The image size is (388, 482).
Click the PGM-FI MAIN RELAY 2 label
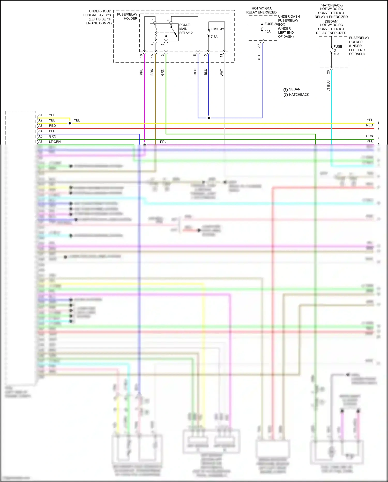186,29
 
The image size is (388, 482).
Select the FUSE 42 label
217,29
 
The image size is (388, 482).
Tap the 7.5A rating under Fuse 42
214,37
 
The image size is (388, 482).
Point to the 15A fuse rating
267,32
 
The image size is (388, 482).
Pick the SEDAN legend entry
294,89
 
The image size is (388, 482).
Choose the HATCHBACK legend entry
299,95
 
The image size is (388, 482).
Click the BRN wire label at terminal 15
152,72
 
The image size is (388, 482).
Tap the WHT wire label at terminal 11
222,73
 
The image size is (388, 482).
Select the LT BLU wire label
329,86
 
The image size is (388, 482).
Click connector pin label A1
40,115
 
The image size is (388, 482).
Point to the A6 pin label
40,142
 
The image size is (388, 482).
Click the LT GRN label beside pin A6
55,142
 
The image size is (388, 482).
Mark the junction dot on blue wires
208,118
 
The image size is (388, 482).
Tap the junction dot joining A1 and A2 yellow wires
70,123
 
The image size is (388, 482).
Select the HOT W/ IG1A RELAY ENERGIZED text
261,10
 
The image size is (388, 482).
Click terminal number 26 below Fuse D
328,72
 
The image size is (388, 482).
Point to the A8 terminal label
259,46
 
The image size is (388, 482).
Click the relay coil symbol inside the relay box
155,33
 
